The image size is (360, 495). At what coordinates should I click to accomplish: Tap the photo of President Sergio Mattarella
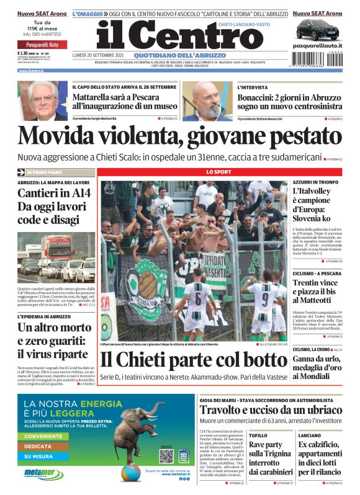(x=42, y=100)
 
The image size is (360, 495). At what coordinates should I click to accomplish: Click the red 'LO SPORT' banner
(x=218, y=171)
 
